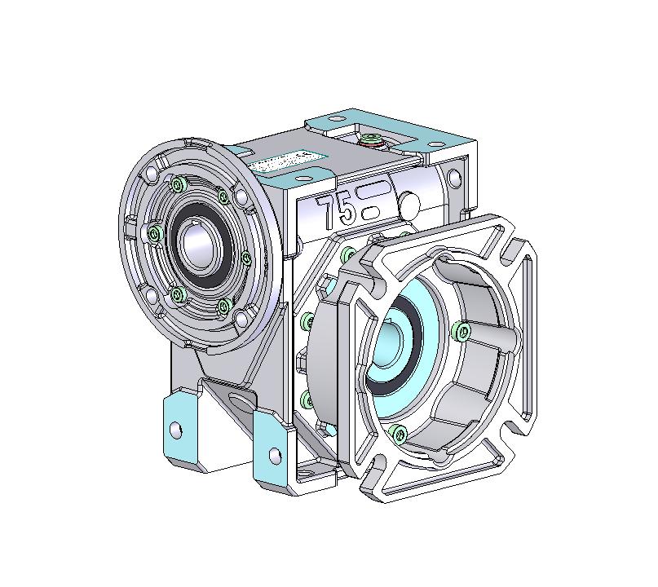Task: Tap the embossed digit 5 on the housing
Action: click(x=346, y=211)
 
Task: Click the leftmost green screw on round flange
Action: click(x=155, y=235)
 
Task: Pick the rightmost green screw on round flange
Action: click(x=246, y=258)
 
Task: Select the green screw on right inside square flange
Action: click(x=463, y=330)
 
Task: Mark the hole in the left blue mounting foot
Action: click(x=174, y=430)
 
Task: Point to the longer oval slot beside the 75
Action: click(x=377, y=194)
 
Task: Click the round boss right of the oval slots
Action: click(x=410, y=202)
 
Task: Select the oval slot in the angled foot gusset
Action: click(x=241, y=400)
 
